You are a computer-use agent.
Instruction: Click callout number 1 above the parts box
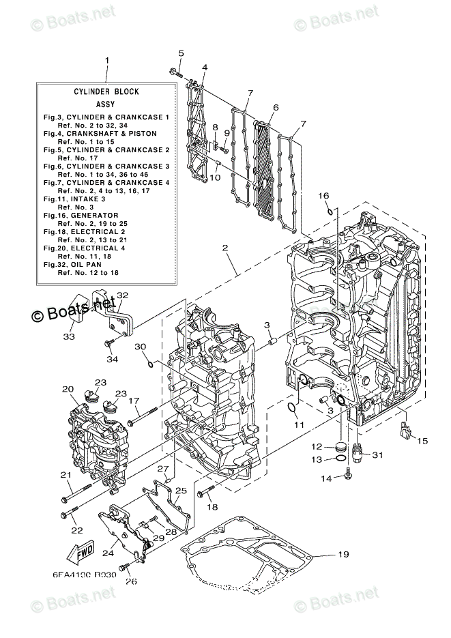(107, 61)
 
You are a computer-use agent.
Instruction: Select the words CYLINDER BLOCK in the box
(106, 91)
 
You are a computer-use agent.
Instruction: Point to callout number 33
(68, 336)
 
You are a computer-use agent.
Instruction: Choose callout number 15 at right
(422, 441)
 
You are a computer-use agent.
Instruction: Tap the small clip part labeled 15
(405, 429)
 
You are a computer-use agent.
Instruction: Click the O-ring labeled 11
(292, 408)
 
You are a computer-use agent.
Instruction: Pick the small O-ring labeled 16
(330, 212)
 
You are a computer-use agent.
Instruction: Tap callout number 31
(377, 456)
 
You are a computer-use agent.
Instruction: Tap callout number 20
(68, 389)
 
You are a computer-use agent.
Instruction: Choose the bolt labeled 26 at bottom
(123, 568)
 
